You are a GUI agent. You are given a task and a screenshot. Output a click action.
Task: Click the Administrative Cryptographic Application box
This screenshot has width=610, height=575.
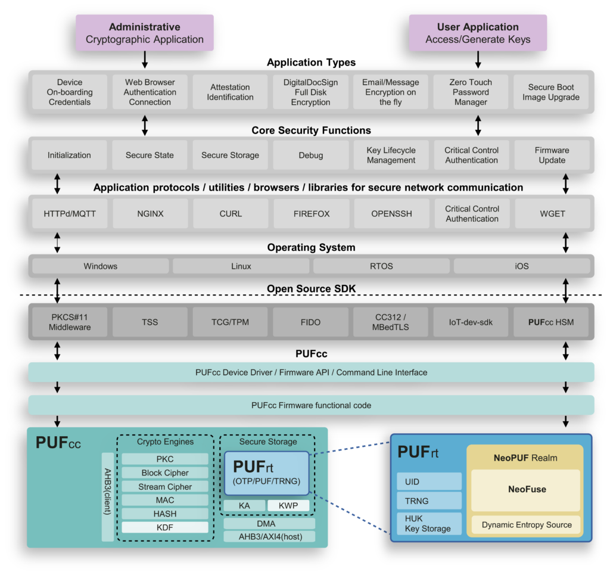click(x=144, y=33)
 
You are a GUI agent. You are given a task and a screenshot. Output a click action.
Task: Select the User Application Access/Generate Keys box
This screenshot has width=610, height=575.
click(x=478, y=33)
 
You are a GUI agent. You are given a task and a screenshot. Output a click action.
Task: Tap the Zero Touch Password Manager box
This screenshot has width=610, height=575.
click(x=471, y=92)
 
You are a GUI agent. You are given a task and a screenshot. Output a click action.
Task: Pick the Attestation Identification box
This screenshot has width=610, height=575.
click(x=231, y=92)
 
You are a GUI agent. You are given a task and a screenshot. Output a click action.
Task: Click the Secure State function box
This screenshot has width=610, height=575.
click(x=150, y=156)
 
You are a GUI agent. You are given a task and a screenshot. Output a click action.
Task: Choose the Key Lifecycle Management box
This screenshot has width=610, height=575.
click(x=391, y=156)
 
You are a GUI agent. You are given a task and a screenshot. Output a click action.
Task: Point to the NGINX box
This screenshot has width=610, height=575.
click(x=150, y=214)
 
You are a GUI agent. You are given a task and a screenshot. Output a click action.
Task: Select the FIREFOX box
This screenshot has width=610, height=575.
click(x=310, y=214)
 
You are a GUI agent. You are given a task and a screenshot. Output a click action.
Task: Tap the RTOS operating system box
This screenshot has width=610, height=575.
click(x=381, y=266)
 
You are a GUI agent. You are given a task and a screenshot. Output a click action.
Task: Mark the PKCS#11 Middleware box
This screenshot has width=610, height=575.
click(x=69, y=322)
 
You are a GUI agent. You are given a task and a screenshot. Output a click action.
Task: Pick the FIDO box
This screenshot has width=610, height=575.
click(x=310, y=322)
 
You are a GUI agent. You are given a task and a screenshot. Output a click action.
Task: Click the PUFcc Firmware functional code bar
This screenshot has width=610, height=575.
click(x=311, y=405)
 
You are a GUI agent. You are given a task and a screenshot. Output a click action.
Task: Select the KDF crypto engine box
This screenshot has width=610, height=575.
click(x=165, y=527)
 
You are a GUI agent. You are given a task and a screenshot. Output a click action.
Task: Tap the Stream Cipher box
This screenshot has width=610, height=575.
click(x=165, y=487)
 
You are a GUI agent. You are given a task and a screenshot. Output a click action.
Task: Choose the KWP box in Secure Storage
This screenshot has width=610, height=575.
click(x=288, y=505)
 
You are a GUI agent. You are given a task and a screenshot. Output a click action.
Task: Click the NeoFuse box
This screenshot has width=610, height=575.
click(x=527, y=490)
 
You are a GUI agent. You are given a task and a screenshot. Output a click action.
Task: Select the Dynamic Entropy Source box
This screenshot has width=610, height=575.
click(x=527, y=525)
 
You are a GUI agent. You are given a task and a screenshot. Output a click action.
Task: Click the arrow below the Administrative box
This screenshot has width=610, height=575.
click(x=144, y=60)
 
